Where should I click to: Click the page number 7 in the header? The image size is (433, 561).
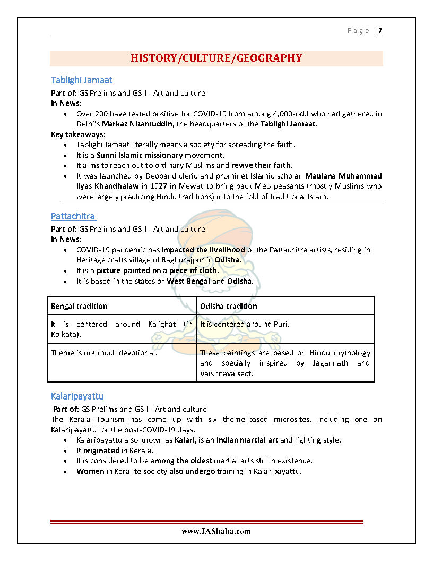[380, 31]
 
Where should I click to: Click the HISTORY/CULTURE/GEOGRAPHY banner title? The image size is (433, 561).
[216, 58]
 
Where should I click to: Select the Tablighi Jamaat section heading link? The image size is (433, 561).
[81, 80]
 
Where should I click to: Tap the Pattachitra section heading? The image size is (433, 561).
[73, 216]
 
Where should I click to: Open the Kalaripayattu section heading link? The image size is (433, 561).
[77, 396]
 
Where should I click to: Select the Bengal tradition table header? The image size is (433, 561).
[79, 306]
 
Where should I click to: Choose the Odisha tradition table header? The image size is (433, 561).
[228, 306]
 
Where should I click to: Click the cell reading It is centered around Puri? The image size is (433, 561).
[245, 324]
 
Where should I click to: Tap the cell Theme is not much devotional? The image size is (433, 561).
[104, 353]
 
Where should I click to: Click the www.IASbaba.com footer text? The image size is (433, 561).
[216, 531]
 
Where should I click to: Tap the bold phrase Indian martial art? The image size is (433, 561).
[247, 440]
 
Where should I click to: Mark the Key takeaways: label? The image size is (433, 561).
[78, 134]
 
